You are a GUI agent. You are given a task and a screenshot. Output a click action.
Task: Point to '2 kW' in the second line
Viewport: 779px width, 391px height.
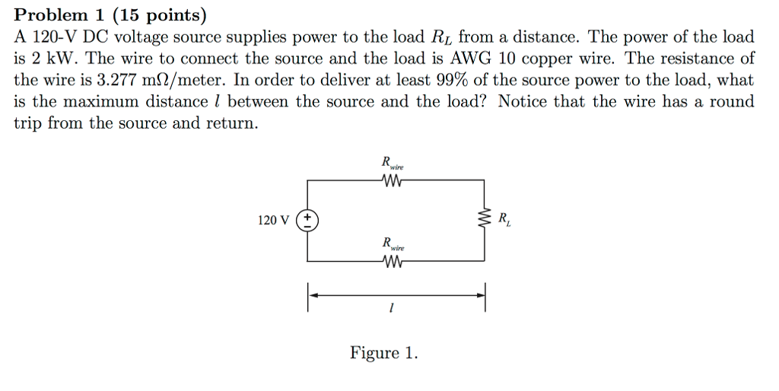[x=46, y=59]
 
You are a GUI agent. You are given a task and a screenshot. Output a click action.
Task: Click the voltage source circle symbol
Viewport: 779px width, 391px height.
[x=307, y=221]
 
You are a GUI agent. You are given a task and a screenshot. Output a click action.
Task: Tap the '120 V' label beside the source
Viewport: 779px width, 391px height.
[x=274, y=221]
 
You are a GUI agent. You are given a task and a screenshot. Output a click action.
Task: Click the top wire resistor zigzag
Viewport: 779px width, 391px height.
[x=392, y=180]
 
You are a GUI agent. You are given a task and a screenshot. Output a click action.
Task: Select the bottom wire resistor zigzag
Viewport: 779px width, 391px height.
[x=392, y=262]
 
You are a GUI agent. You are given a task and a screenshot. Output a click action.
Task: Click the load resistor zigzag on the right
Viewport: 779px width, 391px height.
[x=483, y=221]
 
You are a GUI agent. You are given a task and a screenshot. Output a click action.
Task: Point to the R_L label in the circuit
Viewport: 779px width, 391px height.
[x=504, y=221]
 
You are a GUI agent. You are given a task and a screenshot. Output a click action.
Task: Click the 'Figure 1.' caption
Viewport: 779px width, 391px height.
[x=383, y=353]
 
